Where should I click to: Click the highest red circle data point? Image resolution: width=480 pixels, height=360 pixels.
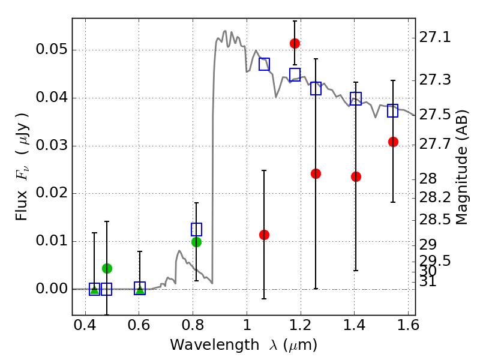tap(295, 43)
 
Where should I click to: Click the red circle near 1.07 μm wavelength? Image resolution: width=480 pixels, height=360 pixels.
tap(264, 235)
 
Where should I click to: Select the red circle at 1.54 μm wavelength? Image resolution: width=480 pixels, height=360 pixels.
tap(393, 142)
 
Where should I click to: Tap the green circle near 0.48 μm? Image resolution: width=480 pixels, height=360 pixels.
tap(107, 268)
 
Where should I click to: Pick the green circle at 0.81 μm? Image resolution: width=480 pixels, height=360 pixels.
tap(196, 242)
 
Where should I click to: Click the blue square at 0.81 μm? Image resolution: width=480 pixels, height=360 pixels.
tap(196, 229)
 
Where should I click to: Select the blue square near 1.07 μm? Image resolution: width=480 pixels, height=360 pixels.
tap(264, 64)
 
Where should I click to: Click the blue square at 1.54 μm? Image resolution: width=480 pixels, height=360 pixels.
tap(393, 111)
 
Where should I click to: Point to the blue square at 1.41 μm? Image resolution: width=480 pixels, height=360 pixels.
tap(356, 99)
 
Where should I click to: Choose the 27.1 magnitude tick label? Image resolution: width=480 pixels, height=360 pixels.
tap(434, 38)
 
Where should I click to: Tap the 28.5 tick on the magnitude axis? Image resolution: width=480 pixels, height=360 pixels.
tap(434, 220)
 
